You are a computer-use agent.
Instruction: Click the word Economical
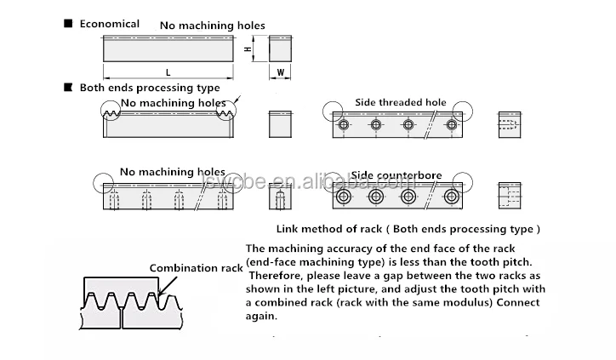pyautogui.click(x=109, y=24)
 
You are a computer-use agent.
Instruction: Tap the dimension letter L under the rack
pyautogui.click(x=168, y=72)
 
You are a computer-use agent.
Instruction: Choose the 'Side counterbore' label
pyautogui.click(x=396, y=175)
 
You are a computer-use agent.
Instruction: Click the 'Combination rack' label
pyautogui.click(x=197, y=267)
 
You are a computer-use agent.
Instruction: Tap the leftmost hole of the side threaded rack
pyautogui.click(x=343, y=125)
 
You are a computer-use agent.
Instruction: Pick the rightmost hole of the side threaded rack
pyautogui.click(x=452, y=125)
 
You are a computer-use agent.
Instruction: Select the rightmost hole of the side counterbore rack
pyautogui.click(x=452, y=197)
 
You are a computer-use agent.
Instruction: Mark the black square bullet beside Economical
pyautogui.click(x=68, y=24)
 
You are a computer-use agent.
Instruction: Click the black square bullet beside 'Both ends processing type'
pyautogui.click(x=68, y=87)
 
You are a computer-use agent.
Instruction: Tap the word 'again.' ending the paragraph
pyautogui.click(x=260, y=316)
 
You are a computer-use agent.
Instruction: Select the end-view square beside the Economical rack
pyautogui.click(x=281, y=49)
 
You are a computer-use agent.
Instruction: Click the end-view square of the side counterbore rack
pyautogui.click(x=509, y=197)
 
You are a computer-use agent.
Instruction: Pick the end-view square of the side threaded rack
pyautogui.click(x=509, y=125)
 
